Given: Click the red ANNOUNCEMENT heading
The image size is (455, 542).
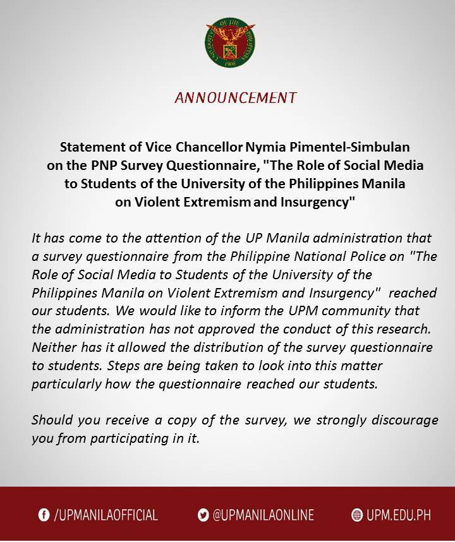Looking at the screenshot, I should (x=235, y=98).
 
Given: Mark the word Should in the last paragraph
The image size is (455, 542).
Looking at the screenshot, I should (x=51, y=420).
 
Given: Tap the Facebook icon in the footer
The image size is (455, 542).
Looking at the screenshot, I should (x=44, y=515).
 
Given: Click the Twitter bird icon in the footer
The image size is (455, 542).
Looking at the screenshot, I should (x=203, y=515).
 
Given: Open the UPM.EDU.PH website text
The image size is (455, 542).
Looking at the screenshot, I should (x=399, y=515).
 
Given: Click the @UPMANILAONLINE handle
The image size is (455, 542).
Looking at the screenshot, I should (x=263, y=515).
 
